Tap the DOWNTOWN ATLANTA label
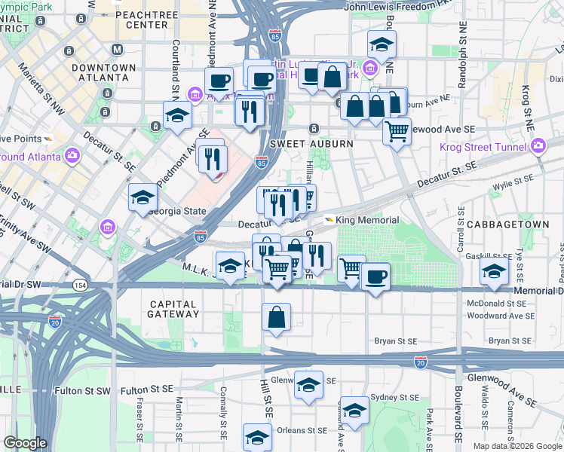pyautogui.click(x=104, y=72)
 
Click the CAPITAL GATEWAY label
pyautogui.click(x=173, y=310)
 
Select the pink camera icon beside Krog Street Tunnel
pyautogui.click(x=538, y=145)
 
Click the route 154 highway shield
pyautogui.click(x=80, y=286)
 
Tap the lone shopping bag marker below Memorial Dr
pyautogui.click(x=277, y=317)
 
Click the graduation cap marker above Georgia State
pyautogui.click(x=143, y=198)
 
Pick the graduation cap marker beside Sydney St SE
pyautogui.click(x=354, y=411)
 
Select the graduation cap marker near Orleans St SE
pyautogui.click(x=257, y=438)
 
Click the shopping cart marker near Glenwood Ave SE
pyautogui.click(x=397, y=132)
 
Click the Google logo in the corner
pyautogui.click(x=26, y=443)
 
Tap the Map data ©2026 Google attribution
pyautogui.click(x=516, y=446)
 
